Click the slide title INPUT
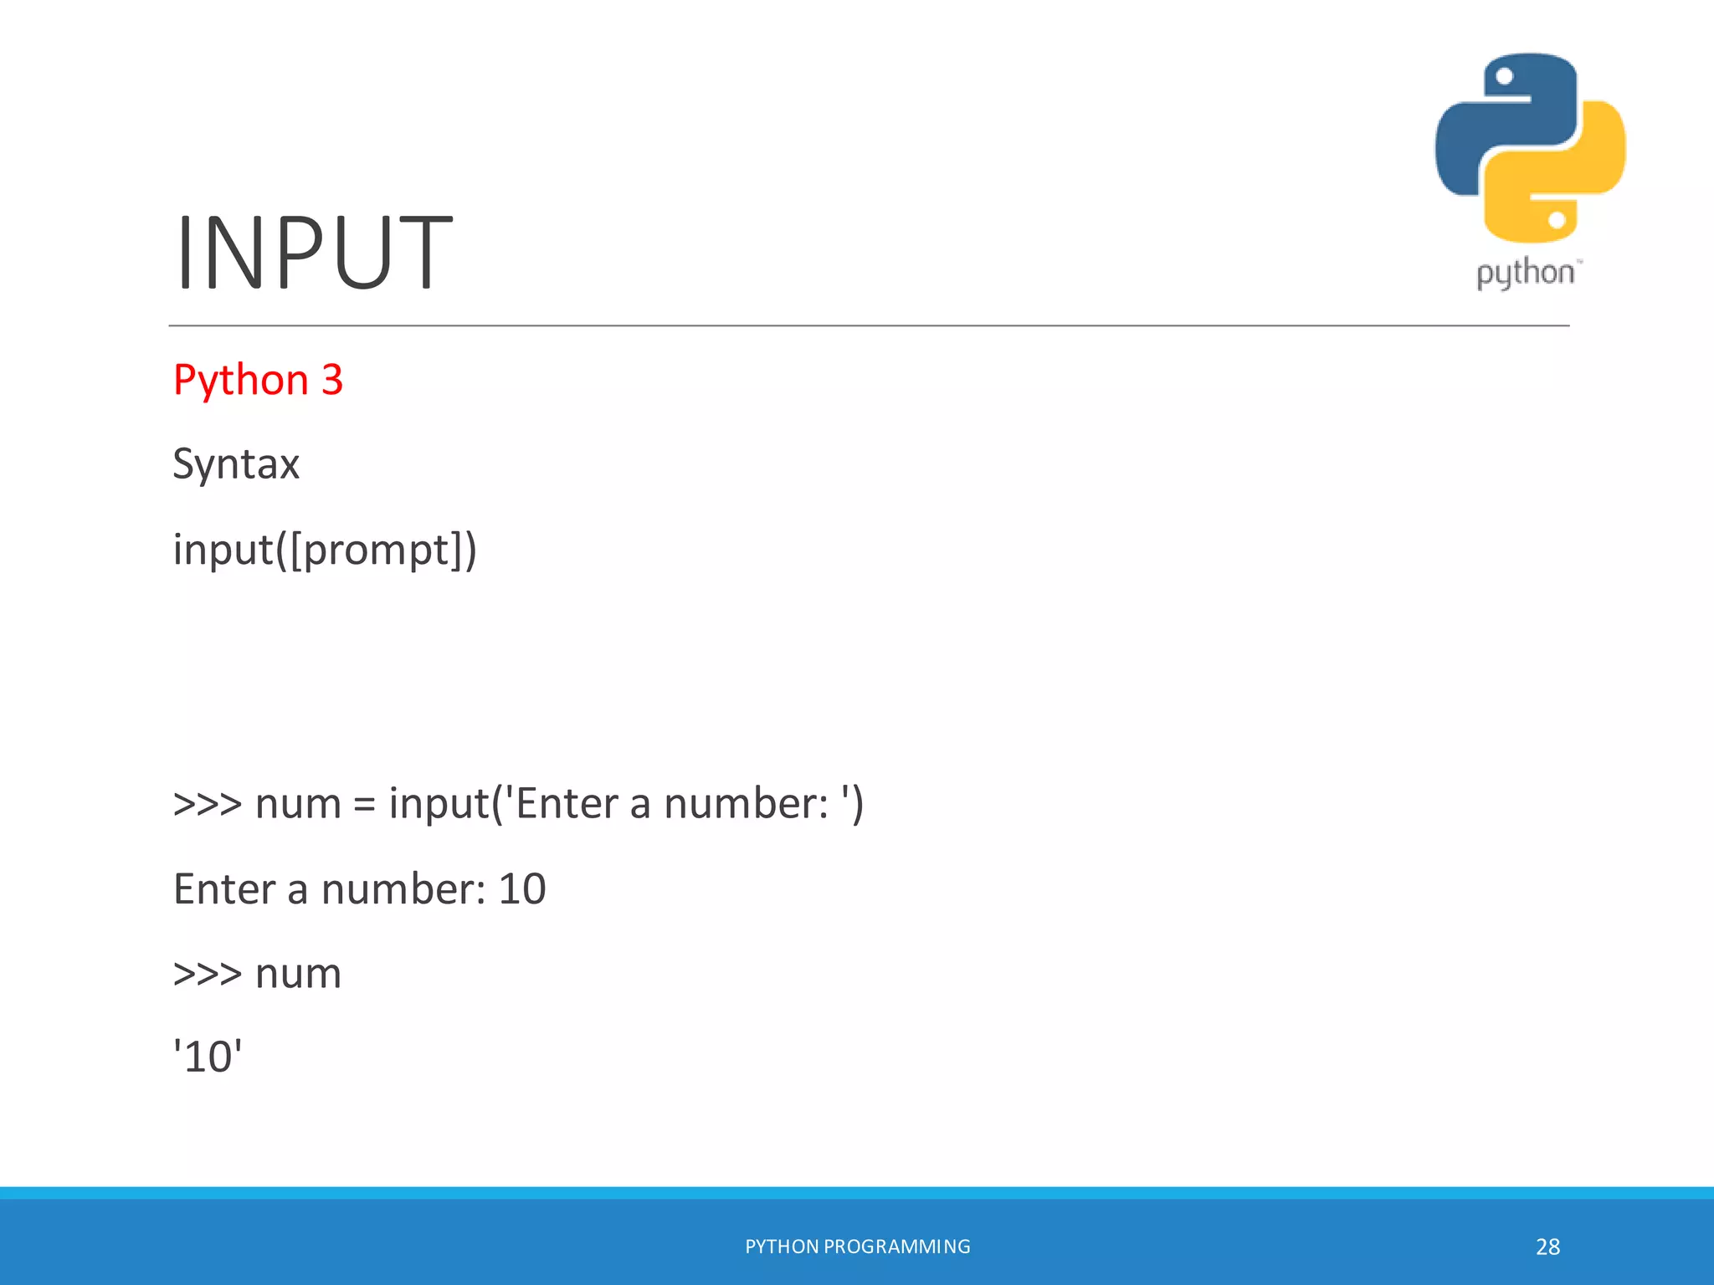click(314, 253)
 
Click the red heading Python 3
click(258, 380)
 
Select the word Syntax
click(236, 464)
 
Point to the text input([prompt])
click(325, 550)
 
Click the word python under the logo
click(1525, 274)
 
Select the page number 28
click(1547, 1247)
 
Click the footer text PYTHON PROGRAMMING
click(857, 1247)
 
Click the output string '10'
click(208, 1057)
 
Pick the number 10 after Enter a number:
click(522, 888)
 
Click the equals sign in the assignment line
click(365, 806)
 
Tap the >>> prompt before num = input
click(207, 805)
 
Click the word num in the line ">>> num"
click(298, 975)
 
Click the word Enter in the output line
click(223, 888)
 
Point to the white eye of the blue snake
click(1505, 77)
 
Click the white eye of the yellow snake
click(1557, 220)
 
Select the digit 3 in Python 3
click(332, 380)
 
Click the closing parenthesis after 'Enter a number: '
click(857, 804)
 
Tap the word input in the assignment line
click(439, 804)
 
